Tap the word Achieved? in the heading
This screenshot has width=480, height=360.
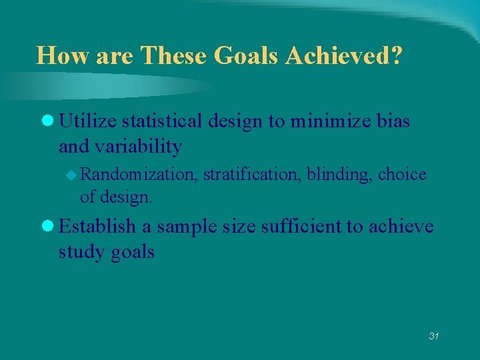pos(344,55)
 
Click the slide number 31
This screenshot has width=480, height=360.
pos(434,336)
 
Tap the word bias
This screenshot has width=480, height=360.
pos(393,121)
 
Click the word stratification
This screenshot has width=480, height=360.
pos(252,175)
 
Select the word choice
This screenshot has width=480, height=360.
pos(402,175)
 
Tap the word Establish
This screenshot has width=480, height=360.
pos(97,227)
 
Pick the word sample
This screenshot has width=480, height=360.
pos(187,227)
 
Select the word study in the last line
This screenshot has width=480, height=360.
pos(79,252)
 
